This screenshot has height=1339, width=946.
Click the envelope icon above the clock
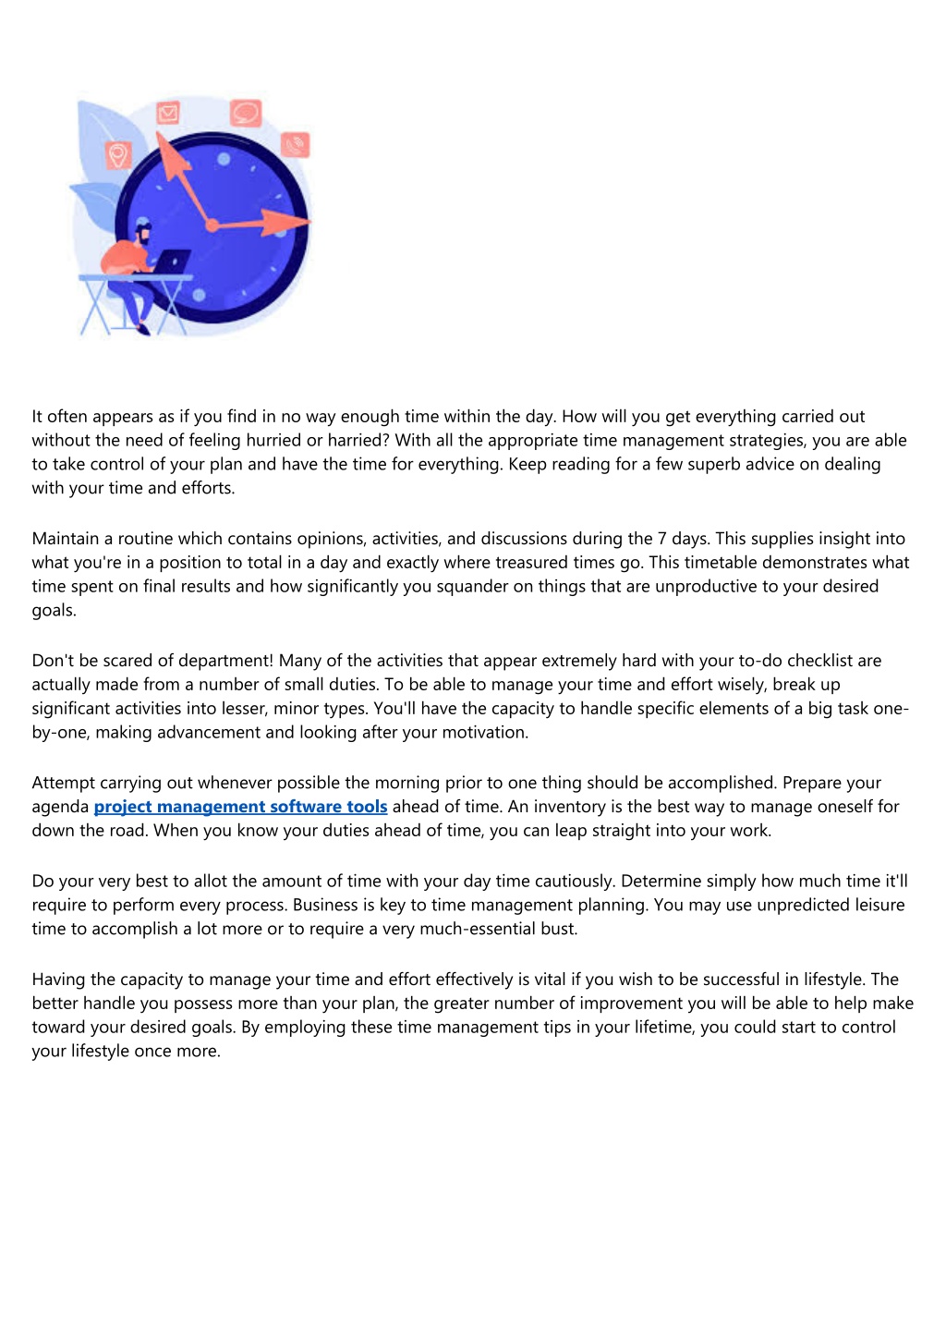click(x=168, y=113)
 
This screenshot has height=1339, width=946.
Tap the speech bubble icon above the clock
click(x=245, y=113)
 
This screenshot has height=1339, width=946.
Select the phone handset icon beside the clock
click(x=296, y=145)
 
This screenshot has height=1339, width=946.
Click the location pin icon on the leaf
click(x=117, y=154)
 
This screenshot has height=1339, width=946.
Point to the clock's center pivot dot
click(x=212, y=225)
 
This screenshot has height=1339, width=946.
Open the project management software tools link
click(x=240, y=807)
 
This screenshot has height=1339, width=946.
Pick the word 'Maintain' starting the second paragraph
click(x=66, y=539)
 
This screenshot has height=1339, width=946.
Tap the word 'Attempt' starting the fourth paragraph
click(x=63, y=784)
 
